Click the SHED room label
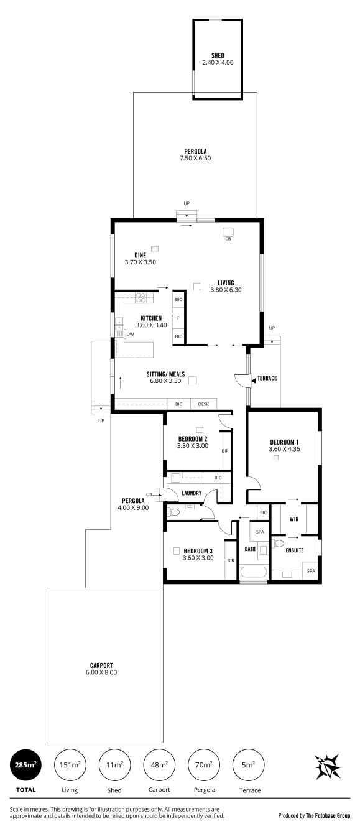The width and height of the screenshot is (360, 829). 218,55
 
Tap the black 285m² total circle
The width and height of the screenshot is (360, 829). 25,764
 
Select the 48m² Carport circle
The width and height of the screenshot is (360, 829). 159,764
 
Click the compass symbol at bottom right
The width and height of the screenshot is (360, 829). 327,766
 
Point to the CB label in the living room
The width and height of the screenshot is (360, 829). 228,239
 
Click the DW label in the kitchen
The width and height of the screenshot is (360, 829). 130,334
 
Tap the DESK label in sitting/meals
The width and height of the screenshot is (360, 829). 203,404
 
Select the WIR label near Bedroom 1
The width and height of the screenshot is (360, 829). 294,519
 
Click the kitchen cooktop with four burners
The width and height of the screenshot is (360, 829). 141,297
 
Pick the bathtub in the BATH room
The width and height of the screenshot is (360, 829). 254,572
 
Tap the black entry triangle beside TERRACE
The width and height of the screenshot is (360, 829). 254,380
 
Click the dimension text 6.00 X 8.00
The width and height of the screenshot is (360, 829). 101,672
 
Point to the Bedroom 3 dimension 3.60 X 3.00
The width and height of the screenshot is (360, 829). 198,558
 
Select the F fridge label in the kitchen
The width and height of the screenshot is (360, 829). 178,318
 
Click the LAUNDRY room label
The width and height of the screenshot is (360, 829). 192,493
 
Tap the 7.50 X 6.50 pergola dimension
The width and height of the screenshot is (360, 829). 195,158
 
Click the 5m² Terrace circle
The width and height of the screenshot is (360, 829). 248,764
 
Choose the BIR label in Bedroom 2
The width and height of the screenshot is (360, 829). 225,451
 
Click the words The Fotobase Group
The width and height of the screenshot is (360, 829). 328,815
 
